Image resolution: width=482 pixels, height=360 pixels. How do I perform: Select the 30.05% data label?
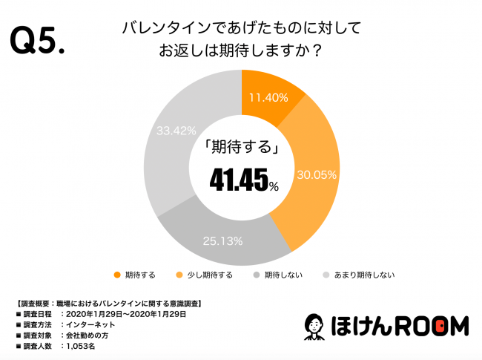(317, 176)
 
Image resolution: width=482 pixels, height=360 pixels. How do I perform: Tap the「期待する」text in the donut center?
(242, 148)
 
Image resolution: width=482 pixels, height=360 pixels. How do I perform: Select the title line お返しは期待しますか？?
(241, 53)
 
